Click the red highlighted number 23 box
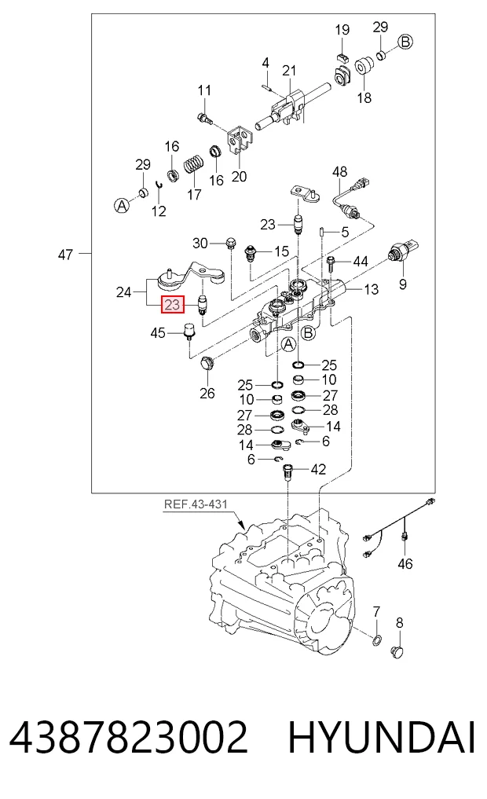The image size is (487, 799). pos(173,305)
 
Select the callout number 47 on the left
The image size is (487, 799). pos(65,255)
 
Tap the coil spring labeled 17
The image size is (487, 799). pos(192,164)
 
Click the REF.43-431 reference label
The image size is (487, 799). pos(196,504)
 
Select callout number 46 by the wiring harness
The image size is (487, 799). pos(405,563)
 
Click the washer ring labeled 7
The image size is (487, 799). pos(377,640)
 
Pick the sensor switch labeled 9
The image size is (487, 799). pos(402,250)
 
